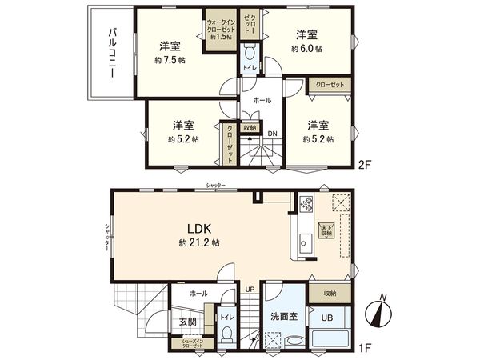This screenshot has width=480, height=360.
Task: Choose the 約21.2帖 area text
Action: click(x=199, y=241)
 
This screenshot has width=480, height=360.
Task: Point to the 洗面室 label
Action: click(x=284, y=317)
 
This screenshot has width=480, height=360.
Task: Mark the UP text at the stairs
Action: click(x=250, y=289)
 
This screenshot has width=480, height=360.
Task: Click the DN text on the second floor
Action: click(x=273, y=133)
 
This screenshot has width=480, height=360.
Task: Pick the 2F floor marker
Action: click(x=365, y=168)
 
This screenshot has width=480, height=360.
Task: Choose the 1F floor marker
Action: click(x=365, y=346)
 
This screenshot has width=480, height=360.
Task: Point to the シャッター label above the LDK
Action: click(x=214, y=185)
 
